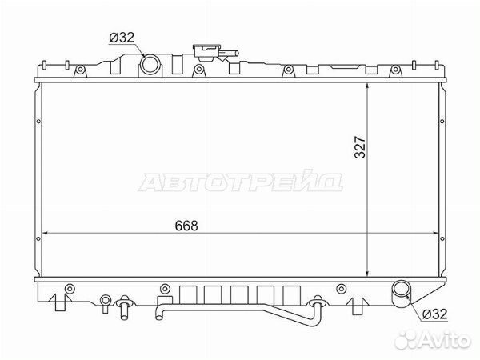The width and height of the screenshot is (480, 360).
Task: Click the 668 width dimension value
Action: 186,226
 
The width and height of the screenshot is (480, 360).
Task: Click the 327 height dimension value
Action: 360,147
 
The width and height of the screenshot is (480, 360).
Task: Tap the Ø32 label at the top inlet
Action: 122,38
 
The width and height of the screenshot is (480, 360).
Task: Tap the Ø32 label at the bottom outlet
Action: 434,314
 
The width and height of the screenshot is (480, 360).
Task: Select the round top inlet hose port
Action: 150,64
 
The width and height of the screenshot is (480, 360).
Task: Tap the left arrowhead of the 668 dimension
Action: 45,234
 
